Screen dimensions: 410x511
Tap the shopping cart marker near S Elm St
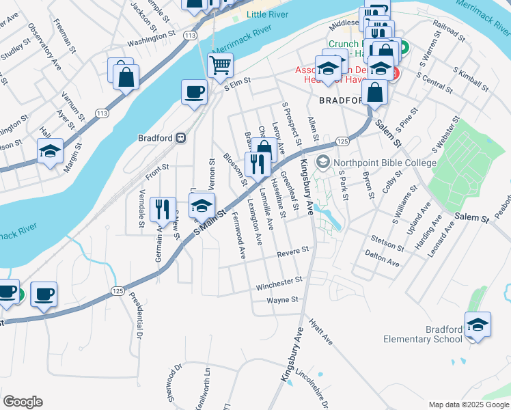(220, 66)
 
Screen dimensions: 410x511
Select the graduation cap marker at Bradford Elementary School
(478, 325)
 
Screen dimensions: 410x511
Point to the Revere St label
(294, 254)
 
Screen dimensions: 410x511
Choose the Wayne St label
(283, 299)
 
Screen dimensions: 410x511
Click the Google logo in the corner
(23, 402)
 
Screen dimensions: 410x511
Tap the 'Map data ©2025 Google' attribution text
(468, 405)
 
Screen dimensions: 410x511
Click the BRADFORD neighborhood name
(340, 100)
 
